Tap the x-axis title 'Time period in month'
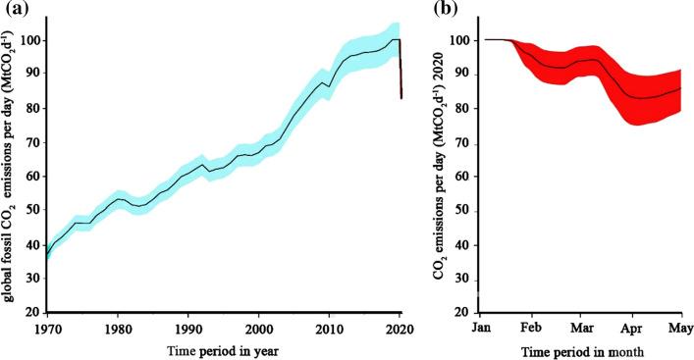[581, 350]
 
